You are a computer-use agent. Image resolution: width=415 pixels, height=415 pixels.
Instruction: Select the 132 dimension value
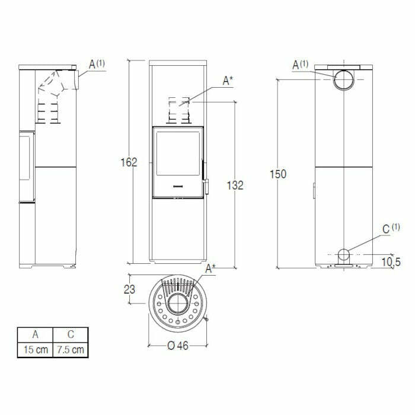(x=235, y=185)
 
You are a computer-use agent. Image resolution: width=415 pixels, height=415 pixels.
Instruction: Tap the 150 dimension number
(x=277, y=174)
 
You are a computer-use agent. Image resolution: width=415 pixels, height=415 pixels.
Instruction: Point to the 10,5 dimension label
(x=392, y=261)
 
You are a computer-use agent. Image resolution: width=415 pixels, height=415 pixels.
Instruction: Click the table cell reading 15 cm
(x=34, y=350)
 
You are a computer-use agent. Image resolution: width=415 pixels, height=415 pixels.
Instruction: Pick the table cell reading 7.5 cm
(x=70, y=350)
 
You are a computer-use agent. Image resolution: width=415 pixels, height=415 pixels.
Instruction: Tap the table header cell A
(x=34, y=335)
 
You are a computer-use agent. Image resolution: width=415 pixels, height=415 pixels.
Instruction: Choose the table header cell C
(x=70, y=335)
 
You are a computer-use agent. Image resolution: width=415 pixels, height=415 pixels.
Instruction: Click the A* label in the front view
(x=227, y=82)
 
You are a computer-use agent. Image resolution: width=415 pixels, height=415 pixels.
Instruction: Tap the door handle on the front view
(x=206, y=185)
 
